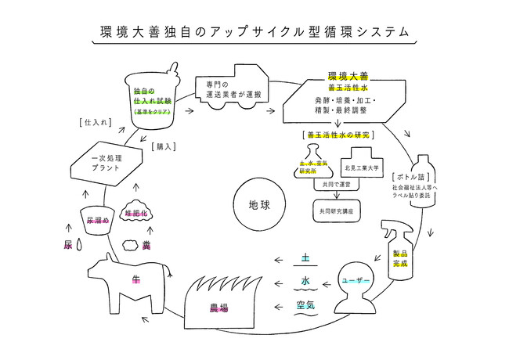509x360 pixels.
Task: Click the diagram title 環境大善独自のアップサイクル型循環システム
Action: click(254, 32)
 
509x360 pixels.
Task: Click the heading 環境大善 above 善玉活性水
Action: click(348, 77)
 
